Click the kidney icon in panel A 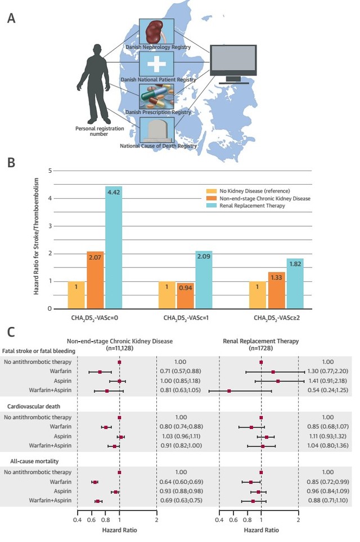[x=156, y=32]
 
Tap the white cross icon [x=156, y=64]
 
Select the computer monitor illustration [x=234, y=64]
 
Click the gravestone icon [x=156, y=130]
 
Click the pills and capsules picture [x=156, y=97]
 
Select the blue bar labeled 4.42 [x=114, y=248]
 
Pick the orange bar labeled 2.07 [x=95, y=280]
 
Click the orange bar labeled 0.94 [x=186, y=295]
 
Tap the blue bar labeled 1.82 [x=295, y=284]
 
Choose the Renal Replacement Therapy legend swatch [x=211, y=205]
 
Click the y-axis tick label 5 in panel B [x=50, y=171]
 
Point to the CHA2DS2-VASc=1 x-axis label [x=186, y=317]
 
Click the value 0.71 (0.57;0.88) [x=181, y=371]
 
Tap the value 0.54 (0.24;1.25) [x=328, y=390]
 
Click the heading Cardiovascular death [x=34, y=406]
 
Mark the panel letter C [x=11, y=332]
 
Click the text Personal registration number [x=100, y=131]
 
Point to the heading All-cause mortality [x=34, y=461]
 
